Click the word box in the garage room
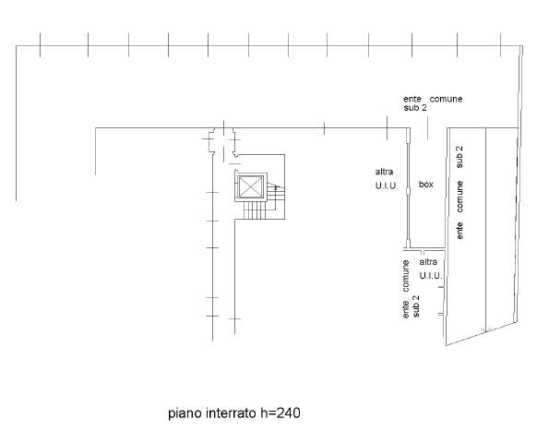pyautogui.click(x=426, y=185)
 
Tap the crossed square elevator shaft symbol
pyautogui.click(x=251, y=187)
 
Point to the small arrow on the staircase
pyautogui.click(x=277, y=187)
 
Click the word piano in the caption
pyautogui.click(x=185, y=413)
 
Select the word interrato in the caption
pyautogui.click(x=232, y=413)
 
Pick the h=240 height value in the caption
pyautogui.click(x=280, y=413)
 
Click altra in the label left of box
pyautogui.click(x=384, y=172)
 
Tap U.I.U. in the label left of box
pyautogui.click(x=387, y=186)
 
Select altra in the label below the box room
pyautogui.click(x=428, y=262)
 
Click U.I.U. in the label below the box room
pyautogui.click(x=431, y=275)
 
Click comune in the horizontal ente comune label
pyautogui.click(x=446, y=99)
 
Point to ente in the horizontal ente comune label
pyautogui.click(x=412, y=99)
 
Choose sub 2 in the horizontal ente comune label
pyautogui.click(x=415, y=108)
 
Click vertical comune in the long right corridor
pyautogui.click(x=459, y=197)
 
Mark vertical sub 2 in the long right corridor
pyautogui.click(x=459, y=157)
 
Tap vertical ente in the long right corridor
pyautogui.click(x=459, y=231)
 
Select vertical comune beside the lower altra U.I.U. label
pyautogui.click(x=406, y=276)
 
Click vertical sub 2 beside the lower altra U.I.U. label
pyautogui.click(x=416, y=306)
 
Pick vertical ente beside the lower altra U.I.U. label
pyautogui.click(x=406, y=309)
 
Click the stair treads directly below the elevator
pyautogui.click(x=255, y=210)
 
